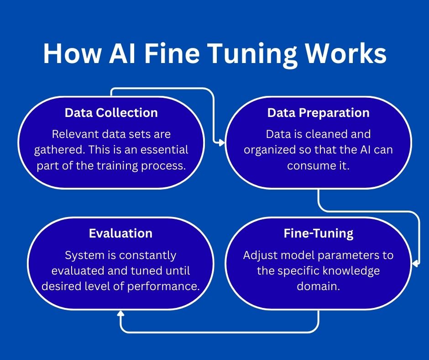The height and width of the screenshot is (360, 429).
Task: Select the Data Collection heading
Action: pos(111,113)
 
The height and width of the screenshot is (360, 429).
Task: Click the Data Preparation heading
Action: pos(318,113)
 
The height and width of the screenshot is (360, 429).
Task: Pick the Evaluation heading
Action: pos(120,233)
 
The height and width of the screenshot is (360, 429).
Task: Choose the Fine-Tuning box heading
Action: pos(318,233)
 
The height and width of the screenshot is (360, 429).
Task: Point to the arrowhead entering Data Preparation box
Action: pos(222,143)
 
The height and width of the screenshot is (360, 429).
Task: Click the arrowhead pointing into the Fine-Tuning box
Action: pos(415,264)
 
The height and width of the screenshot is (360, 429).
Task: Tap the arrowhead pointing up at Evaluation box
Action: pos(120,314)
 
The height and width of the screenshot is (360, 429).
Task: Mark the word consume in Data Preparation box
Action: pos(314,165)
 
